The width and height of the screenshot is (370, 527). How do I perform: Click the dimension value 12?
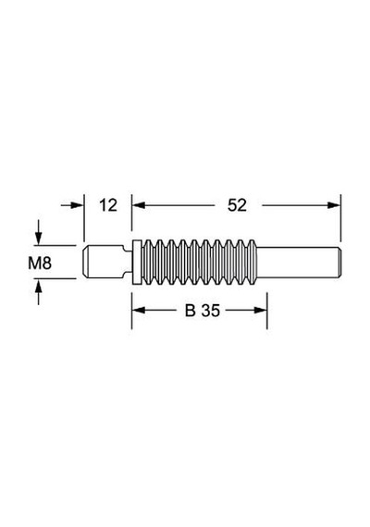tap(108, 205)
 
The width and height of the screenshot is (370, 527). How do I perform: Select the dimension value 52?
tap(237, 205)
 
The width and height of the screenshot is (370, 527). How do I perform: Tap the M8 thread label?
tap(40, 263)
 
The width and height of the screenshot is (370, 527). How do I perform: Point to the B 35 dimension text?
tap(203, 311)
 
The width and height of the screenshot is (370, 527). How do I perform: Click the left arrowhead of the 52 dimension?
tap(139, 205)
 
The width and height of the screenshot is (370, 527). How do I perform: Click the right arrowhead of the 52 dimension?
tap(334, 205)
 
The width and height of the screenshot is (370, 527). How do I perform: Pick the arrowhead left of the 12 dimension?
tap(77, 205)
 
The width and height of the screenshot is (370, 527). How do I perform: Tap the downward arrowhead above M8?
tap(39, 239)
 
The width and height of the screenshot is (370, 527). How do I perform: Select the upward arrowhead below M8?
tap(39, 285)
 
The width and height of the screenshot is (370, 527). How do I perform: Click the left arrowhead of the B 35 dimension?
tap(139, 311)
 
